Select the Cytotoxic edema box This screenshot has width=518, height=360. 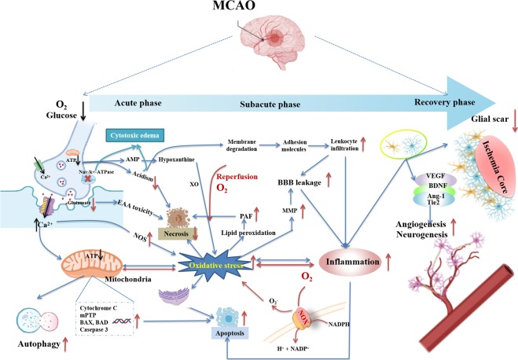130,134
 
